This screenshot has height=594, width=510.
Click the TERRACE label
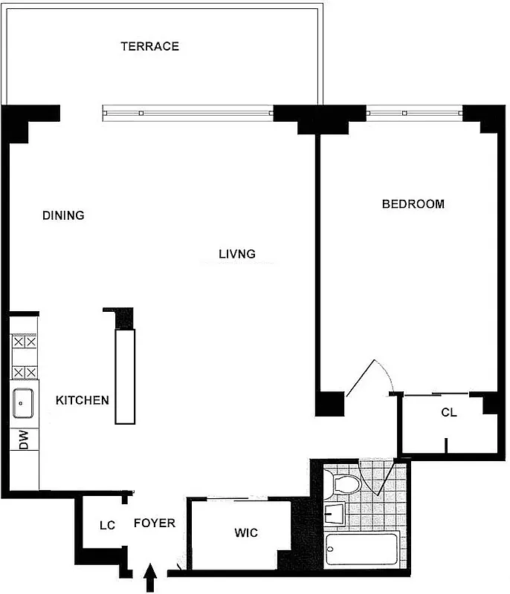tap(150, 46)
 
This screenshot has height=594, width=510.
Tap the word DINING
tap(63, 215)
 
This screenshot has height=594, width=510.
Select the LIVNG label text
tap(237, 254)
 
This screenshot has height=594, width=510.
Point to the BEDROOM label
tap(413, 203)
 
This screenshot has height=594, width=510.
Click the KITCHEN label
tap(83, 400)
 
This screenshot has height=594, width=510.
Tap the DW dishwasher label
tap(23, 441)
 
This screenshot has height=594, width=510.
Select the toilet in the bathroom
tap(344, 484)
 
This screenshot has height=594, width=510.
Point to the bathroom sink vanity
tap(336, 513)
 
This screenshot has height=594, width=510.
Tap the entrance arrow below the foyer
tap(150, 577)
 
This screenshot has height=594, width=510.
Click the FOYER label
tap(155, 523)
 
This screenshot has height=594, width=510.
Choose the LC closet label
tap(108, 526)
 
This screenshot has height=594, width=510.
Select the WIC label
tap(246, 533)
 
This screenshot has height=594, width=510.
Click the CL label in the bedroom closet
tap(448, 413)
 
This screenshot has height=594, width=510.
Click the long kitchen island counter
tap(125, 376)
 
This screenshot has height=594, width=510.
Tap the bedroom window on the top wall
tap(414, 114)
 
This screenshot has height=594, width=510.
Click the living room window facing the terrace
tap(187, 114)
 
